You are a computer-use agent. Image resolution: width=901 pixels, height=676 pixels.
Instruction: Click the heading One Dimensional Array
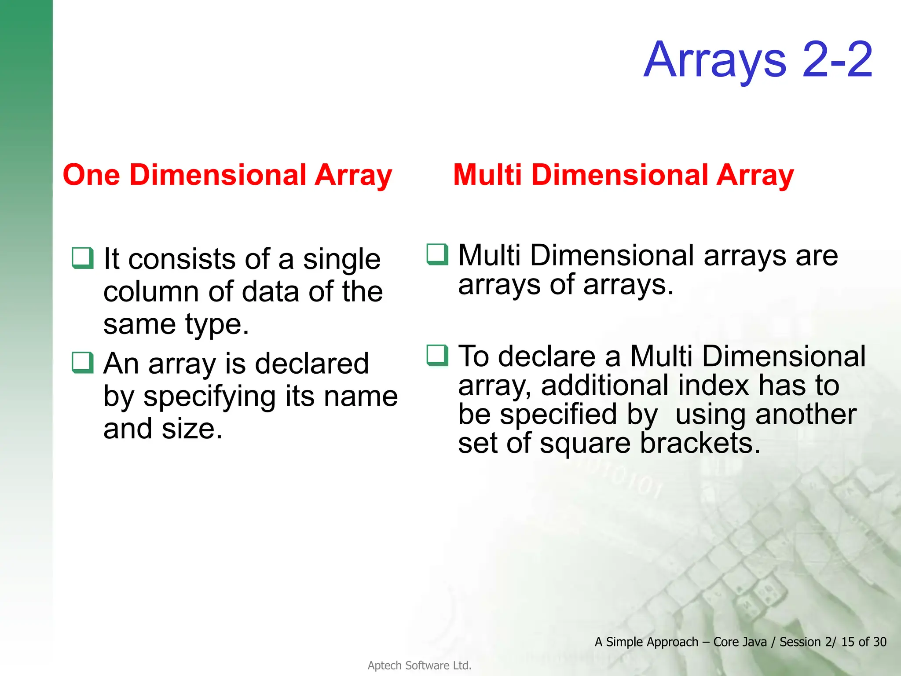pos(227,175)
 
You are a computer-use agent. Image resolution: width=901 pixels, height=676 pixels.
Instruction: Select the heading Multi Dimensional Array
pos(623,175)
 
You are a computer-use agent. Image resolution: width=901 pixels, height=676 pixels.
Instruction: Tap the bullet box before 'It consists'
pos(83,258)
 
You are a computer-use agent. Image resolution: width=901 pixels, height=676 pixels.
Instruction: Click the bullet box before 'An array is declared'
pos(83,363)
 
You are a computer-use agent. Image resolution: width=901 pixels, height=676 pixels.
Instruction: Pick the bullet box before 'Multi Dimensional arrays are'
pos(437,254)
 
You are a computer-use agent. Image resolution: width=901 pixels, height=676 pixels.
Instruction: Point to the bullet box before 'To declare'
pos(437,355)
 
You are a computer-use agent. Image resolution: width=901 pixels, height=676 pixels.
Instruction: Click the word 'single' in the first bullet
pos(341,260)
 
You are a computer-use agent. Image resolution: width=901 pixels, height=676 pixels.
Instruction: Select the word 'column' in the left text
pos(151,292)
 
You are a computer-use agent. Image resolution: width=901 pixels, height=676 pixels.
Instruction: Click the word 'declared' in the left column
pos(311,364)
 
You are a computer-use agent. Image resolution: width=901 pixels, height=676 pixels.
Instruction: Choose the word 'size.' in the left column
pos(192,429)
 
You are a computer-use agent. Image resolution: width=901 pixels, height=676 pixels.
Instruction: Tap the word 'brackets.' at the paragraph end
pos(700,443)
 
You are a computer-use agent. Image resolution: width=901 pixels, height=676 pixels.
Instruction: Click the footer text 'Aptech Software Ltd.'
pos(419,665)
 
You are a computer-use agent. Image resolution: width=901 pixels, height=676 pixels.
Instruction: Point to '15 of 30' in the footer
pos(863,642)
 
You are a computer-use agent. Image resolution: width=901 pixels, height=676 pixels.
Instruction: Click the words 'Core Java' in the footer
pos(740,642)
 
